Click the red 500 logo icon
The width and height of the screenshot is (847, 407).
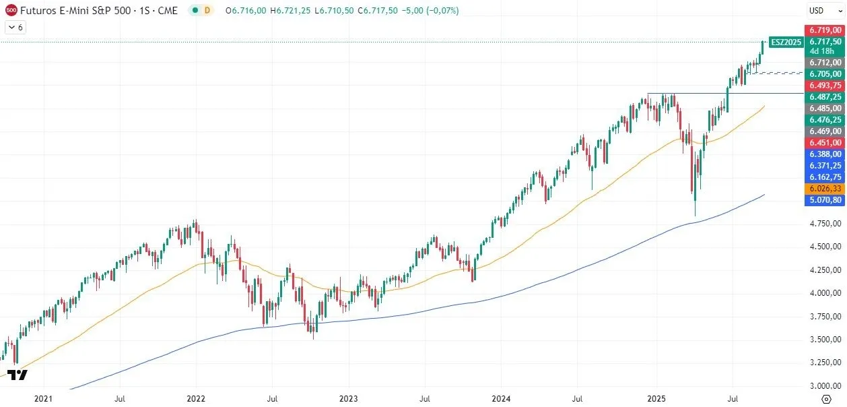(11, 11)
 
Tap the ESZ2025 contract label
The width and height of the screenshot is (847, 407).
(786, 42)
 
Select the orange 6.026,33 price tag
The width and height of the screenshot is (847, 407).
(825, 189)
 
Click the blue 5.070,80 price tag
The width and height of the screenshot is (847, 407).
(825, 200)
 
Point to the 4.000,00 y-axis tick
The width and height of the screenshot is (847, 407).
(825, 293)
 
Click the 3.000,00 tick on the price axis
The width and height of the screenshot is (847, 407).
(825, 385)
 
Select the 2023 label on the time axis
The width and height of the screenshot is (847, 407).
(349, 399)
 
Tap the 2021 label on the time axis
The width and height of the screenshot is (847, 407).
(43, 399)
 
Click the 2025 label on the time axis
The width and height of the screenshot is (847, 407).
(656, 399)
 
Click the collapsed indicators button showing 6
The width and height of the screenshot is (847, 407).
(15, 28)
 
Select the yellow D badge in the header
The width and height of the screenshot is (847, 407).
(207, 11)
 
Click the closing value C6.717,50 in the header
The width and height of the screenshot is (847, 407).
(378, 11)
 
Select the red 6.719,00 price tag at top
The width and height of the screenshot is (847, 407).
(825, 30)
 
